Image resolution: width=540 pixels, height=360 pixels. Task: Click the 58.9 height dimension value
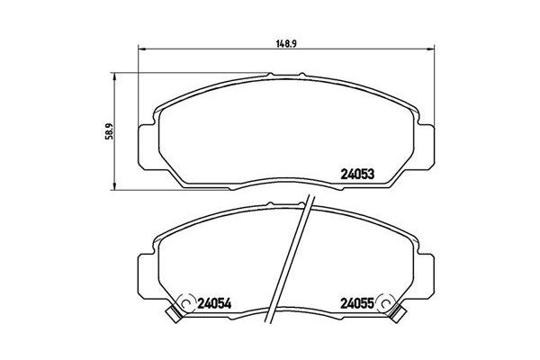(x=109, y=131)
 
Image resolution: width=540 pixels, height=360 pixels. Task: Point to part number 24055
(x=357, y=303)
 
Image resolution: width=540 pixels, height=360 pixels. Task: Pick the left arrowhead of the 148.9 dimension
(x=139, y=49)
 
